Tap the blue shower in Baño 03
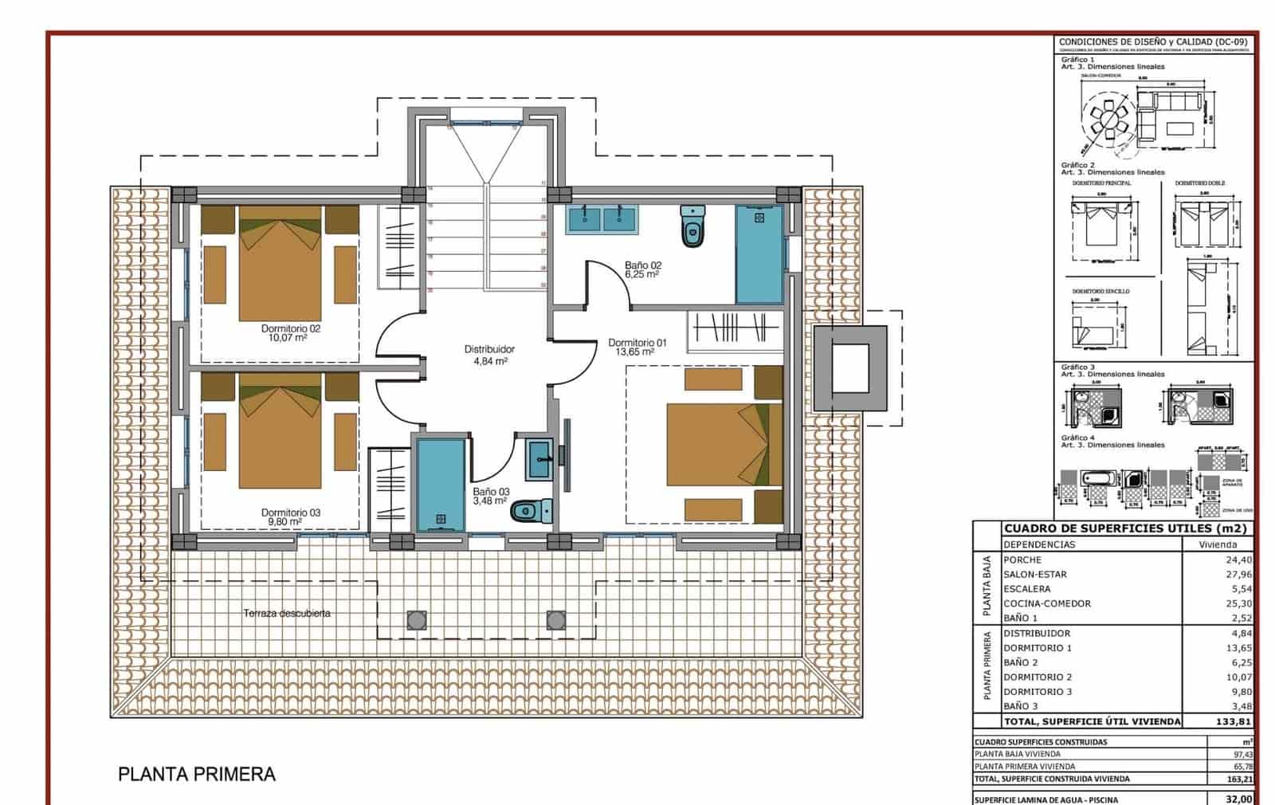click(440, 485)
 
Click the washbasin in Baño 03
click(539, 458)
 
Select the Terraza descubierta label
click(287, 614)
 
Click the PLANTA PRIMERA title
click(197, 774)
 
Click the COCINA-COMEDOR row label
click(1046, 603)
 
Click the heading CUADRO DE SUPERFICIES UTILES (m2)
click(1124, 528)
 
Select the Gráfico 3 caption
click(1077, 367)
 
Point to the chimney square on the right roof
click(850, 367)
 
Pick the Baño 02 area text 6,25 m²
click(641, 274)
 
